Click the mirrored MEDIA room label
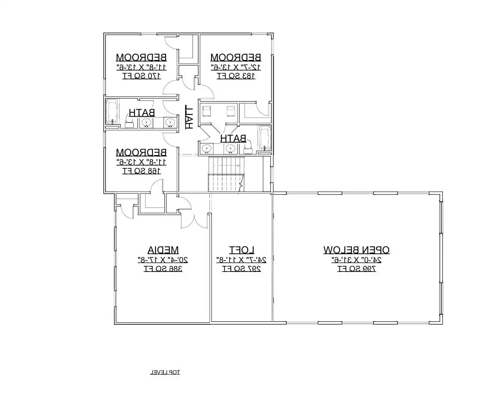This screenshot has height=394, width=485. (x=163, y=250)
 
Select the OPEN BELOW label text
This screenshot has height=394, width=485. (x=356, y=250)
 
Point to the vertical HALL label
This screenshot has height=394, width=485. (x=188, y=117)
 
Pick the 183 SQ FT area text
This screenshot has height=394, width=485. (x=236, y=75)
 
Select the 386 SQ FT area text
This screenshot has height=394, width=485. (x=163, y=269)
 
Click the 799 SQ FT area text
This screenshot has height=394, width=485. (x=356, y=269)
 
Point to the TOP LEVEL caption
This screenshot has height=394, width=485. (x=165, y=372)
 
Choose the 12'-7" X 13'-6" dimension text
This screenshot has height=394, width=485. (x=236, y=66)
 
